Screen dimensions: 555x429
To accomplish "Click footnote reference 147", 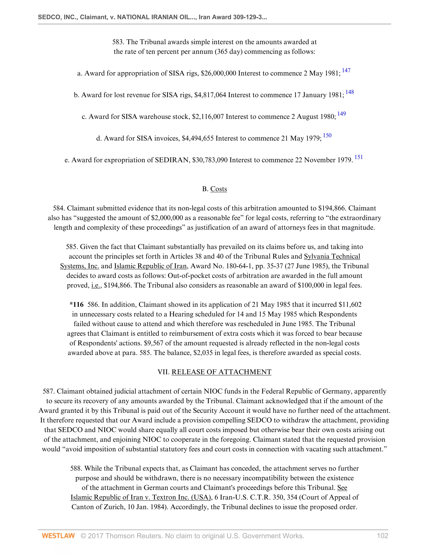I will (x=346, y=70).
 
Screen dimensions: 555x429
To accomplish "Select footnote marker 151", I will (x=359, y=157).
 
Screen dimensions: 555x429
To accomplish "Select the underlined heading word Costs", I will (x=218, y=189).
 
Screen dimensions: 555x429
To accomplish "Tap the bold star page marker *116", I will (x=76, y=305).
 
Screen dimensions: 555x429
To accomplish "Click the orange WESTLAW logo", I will (x=58, y=536).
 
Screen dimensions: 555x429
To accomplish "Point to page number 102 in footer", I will (x=382, y=536).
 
